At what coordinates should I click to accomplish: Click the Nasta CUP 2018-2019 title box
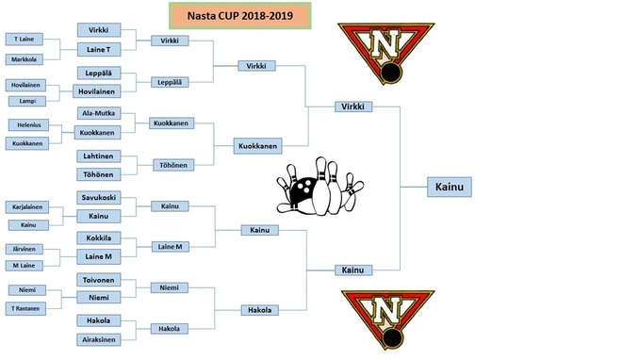(240, 15)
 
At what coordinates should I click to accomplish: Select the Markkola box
(25, 59)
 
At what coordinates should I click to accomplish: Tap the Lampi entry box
(27, 101)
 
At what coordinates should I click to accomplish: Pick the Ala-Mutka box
(99, 113)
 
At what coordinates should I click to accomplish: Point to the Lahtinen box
(99, 156)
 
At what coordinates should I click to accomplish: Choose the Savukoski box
(99, 197)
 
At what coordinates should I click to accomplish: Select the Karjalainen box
(27, 206)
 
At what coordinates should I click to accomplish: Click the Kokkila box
(99, 237)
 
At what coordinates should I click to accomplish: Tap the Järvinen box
(25, 249)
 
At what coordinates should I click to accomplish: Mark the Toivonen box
(99, 280)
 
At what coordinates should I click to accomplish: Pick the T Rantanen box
(25, 308)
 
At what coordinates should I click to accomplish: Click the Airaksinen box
(99, 339)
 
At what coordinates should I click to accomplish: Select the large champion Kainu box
(450, 187)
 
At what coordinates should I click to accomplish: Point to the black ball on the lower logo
(393, 338)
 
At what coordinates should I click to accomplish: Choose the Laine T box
(99, 49)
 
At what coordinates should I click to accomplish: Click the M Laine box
(25, 266)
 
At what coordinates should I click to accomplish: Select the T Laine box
(25, 40)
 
